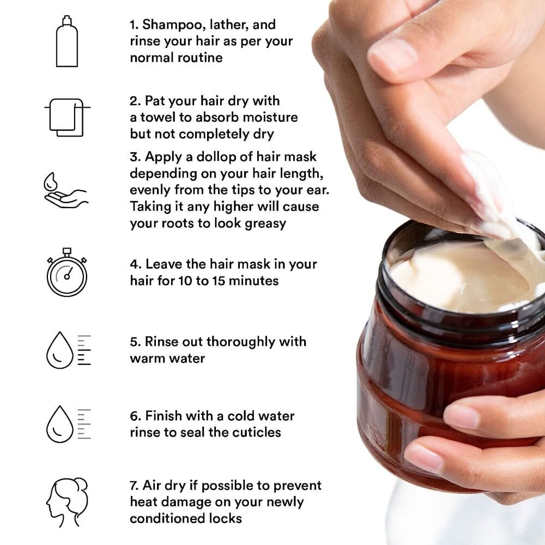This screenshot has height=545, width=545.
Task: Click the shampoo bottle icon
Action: coord(66,42)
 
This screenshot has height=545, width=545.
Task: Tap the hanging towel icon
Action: coord(66,117)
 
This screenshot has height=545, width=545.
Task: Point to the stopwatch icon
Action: coord(66,272)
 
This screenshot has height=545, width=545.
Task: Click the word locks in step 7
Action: coord(225,518)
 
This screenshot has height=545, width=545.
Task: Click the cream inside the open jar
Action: coord(452,278)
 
